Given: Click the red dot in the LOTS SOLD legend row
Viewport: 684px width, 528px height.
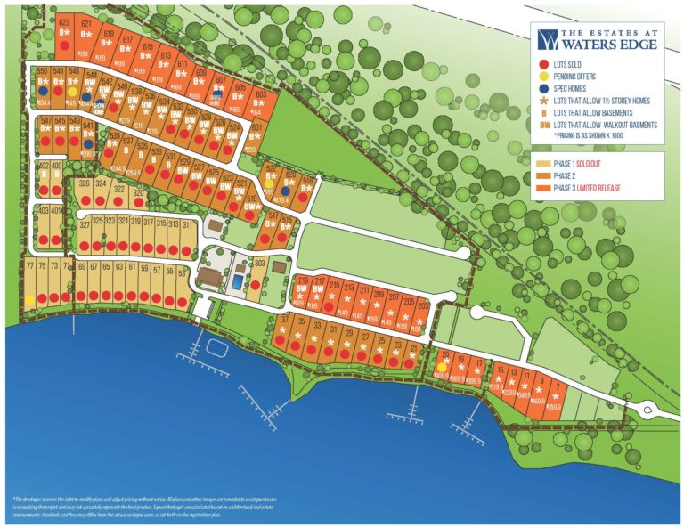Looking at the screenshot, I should (x=543, y=64).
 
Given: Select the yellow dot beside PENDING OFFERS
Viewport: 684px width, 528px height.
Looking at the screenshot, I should (x=543, y=77).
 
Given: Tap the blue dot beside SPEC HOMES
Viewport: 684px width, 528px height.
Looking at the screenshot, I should (x=543, y=89).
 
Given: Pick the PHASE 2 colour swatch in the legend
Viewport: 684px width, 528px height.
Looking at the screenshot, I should (x=543, y=175).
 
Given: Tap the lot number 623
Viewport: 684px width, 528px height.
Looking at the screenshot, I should (x=64, y=22).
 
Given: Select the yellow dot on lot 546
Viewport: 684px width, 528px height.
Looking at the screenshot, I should (x=72, y=90).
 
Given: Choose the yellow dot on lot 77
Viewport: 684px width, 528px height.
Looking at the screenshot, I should (x=30, y=299).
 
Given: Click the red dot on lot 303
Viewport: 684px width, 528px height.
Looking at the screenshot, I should (x=256, y=285).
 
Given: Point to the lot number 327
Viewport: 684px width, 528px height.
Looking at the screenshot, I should (x=85, y=224).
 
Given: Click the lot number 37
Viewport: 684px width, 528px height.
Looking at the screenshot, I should (x=286, y=319).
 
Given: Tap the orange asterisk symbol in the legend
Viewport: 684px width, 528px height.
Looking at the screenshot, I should (x=543, y=102).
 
